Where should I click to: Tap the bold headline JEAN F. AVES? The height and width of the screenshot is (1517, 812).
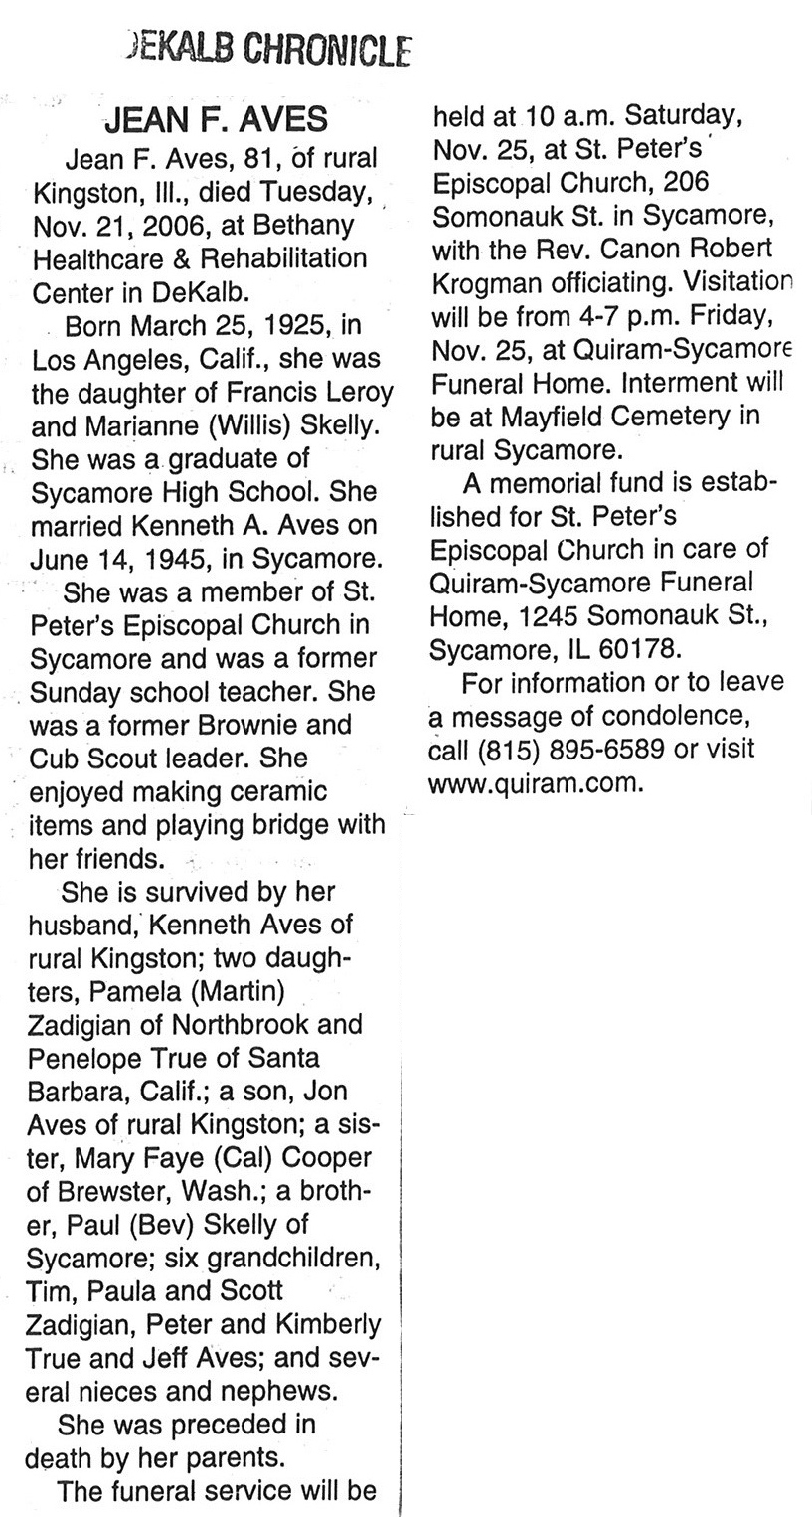coord(215,120)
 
